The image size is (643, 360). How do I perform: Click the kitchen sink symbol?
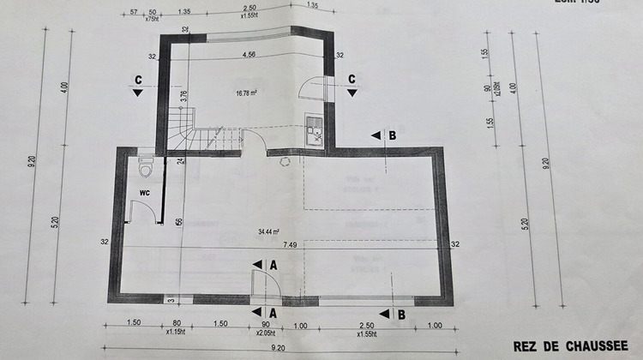click(315, 130)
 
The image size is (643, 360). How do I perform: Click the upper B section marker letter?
click(392, 135)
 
